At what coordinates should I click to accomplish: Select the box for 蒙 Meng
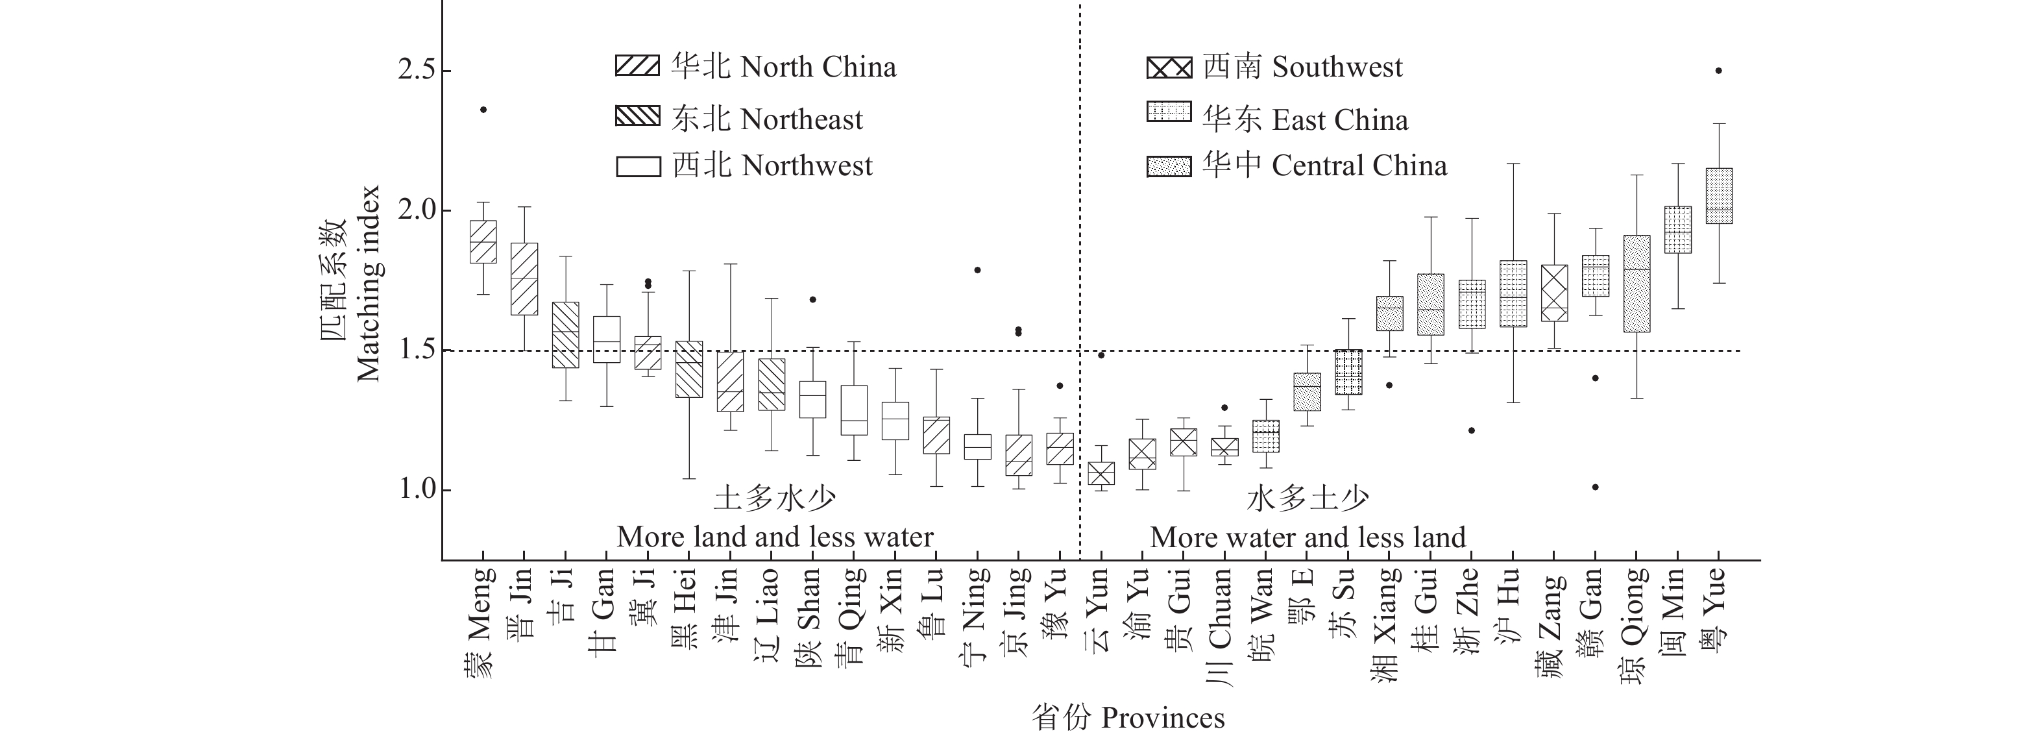pyautogui.click(x=483, y=241)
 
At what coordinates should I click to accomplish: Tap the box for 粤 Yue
pyautogui.click(x=1719, y=195)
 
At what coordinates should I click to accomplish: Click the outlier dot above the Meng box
pyautogui.click(x=483, y=110)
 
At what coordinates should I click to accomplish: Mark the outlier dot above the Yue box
pyautogui.click(x=1719, y=71)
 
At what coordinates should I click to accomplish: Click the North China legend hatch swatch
pyautogui.click(x=637, y=66)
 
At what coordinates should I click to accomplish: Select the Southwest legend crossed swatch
pyautogui.click(x=1169, y=68)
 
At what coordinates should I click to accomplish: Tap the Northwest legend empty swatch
pyautogui.click(x=637, y=167)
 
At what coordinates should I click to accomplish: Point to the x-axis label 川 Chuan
pyautogui.click(x=1221, y=627)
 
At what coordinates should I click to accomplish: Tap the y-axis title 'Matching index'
pyautogui.click(x=367, y=283)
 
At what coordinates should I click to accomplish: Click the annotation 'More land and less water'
pyautogui.click(x=775, y=537)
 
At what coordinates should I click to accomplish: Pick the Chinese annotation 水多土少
pyautogui.click(x=1308, y=498)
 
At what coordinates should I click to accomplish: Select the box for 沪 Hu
pyautogui.click(x=1513, y=293)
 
